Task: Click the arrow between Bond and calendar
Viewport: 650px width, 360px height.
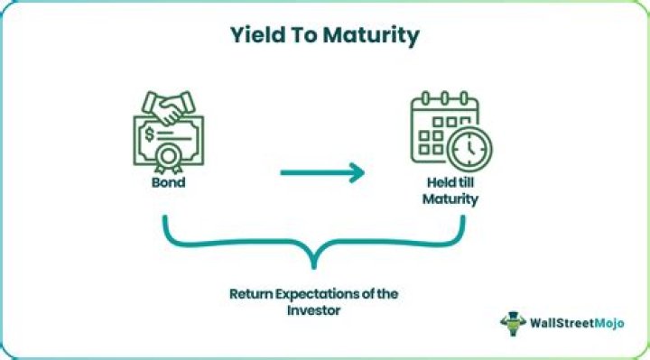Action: tap(321, 171)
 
